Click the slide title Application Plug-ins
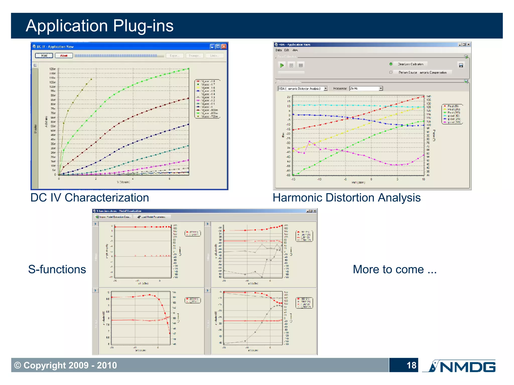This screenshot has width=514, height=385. [100, 26]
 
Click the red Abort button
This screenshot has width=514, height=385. [64, 56]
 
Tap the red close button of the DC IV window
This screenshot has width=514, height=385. [224, 47]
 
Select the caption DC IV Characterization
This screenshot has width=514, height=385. [90, 198]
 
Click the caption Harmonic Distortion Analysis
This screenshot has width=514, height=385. [347, 198]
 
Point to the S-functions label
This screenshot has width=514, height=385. [57, 269]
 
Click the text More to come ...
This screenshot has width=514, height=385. [395, 269]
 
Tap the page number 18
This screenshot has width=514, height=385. [411, 365]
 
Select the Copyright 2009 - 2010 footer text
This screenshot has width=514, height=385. [66, 365]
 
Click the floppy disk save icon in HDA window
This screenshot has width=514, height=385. [461, 65]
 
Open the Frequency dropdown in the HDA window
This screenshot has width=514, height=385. [381, 89]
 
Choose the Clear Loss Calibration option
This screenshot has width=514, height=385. [410, 64]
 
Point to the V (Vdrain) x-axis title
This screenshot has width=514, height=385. [123, 182]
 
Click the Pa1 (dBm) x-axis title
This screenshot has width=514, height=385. [358, 183]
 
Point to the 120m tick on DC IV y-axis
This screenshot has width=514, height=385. [52, 69]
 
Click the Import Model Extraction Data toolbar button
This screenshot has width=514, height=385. [114, 217]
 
